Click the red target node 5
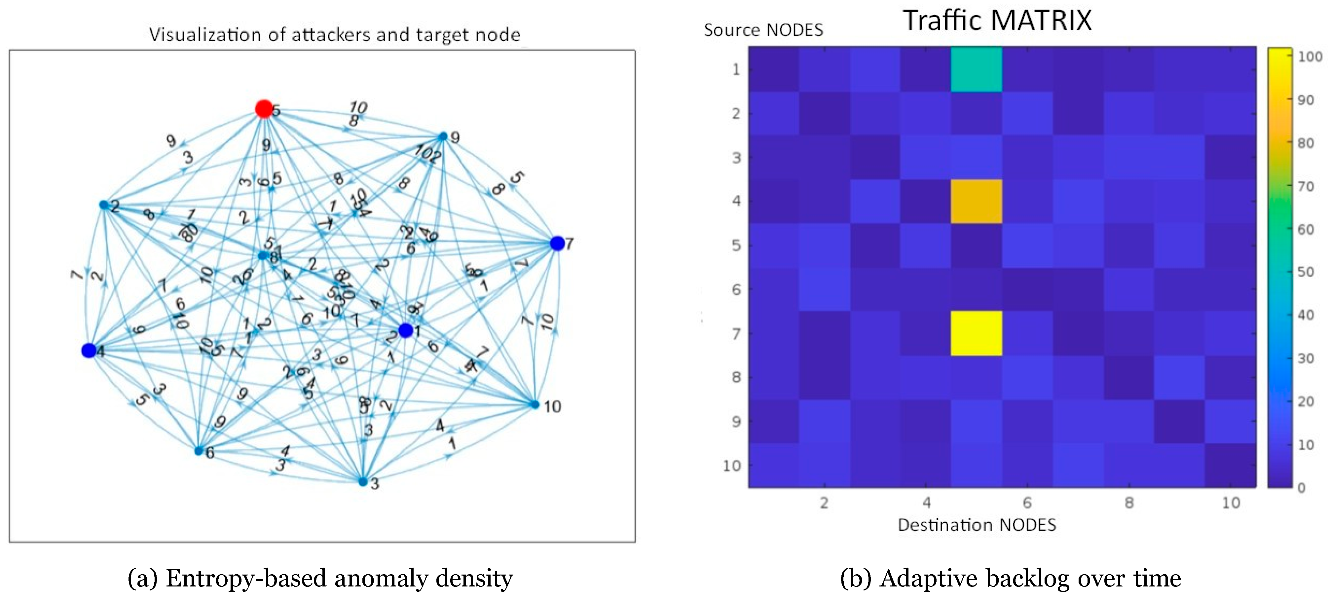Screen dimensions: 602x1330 [x=264, y=109]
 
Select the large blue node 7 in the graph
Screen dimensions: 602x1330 [x=557, y=243]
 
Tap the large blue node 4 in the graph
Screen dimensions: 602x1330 [x=89, y=351]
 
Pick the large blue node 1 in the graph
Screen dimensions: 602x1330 [x=405, y=330]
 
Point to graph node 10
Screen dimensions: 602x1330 [x=535, y=404]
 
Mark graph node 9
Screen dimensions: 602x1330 [x=443, y=136]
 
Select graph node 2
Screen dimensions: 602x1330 [x=104, y=205]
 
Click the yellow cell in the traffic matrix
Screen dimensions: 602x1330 [x=976, y=333]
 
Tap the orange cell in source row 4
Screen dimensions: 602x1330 [x=976, y=201]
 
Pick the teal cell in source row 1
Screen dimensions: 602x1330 [x=976, y=69]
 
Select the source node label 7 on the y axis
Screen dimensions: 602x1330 [x=736, y=333]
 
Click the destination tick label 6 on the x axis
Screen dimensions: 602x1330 [x=1027, y=502]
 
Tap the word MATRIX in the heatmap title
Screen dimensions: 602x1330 [x=1041, y=21]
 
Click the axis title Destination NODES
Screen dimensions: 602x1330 [x=976, y=525]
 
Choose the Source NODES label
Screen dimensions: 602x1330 [x=763, y=30]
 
